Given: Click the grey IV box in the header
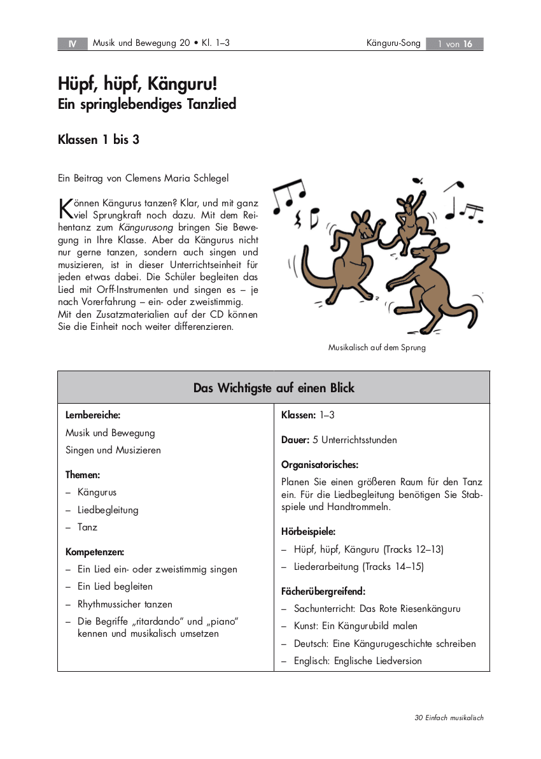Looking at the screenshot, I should tap(73, 44).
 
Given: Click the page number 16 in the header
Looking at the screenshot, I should tap(468, 44).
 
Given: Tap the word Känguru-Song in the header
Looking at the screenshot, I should tap(393, 43).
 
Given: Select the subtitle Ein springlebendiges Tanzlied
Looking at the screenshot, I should tap(147, 104).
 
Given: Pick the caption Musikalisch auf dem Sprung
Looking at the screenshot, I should tap(377, 348).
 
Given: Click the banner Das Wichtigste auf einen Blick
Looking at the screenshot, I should tap(274, 388).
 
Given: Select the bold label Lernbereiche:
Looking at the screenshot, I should tap(93, 415).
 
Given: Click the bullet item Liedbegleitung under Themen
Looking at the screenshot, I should tap(108, 510).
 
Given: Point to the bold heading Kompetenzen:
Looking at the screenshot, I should tap(95, 552).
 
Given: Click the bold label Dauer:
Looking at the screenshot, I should tap(295, 440).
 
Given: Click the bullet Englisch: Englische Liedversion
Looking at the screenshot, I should tap(358, 661).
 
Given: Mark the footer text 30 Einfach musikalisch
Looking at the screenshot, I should tap(449, 718).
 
